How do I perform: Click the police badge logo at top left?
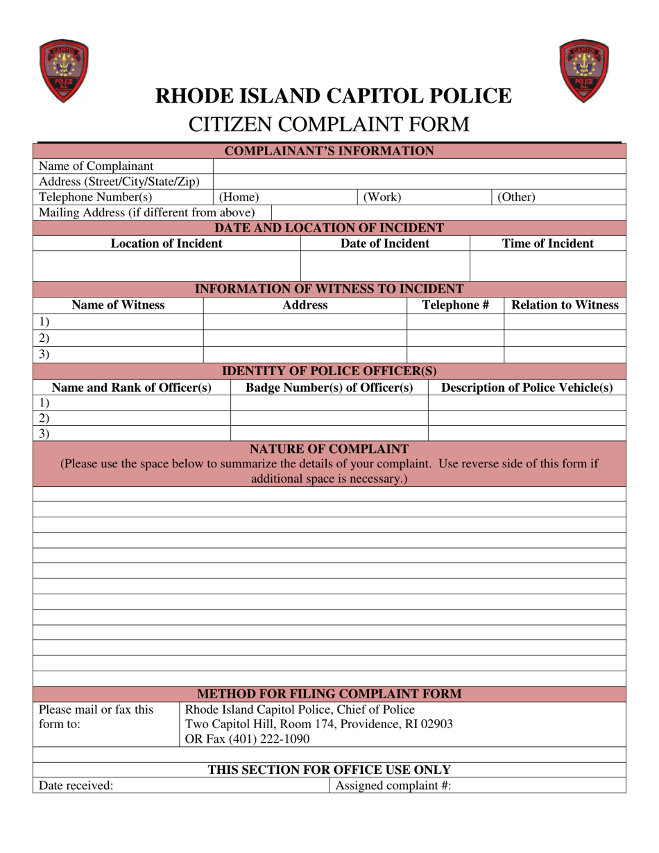coord(64,71)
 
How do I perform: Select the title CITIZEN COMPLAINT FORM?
coord(329,125)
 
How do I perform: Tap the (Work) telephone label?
coord(382,197)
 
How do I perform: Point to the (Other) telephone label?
coord(517,197)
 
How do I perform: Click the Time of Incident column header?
coord(548,243)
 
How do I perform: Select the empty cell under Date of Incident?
coord(385,266)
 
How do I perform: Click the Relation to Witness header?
coord(565,305)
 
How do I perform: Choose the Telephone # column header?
coord(456,305)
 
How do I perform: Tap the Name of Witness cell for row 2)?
coord(118,338)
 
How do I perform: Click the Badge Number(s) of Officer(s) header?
coord(329,388)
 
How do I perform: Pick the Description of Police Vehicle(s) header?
coord(527,388)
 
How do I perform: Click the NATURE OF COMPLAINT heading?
coord(329,449)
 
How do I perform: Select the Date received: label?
coord(76,786)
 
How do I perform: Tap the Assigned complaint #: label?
coord(393,786)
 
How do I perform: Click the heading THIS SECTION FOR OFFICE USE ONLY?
coord(329,770)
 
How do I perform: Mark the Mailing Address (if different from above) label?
coord(147,212)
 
